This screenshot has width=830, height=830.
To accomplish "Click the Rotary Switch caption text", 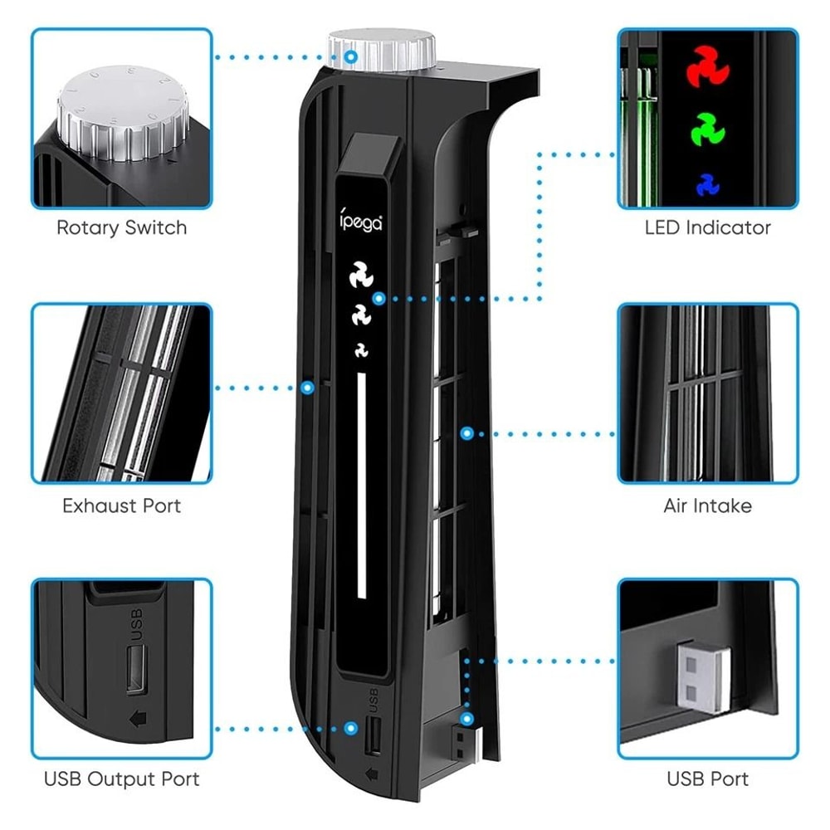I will [121, 227].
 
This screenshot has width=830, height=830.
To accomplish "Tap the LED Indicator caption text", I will [707, 227].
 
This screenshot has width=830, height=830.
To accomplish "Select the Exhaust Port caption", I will [121, 505].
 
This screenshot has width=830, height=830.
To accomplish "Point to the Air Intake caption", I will [707, 505].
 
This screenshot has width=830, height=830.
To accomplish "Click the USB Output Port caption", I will [121, 779].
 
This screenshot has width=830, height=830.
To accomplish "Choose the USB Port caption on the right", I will [707, 779].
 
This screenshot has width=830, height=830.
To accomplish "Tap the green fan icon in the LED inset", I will [706, 130].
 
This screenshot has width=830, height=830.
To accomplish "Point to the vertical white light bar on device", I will [361, 486].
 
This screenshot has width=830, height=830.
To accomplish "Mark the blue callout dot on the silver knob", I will [352, 57].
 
